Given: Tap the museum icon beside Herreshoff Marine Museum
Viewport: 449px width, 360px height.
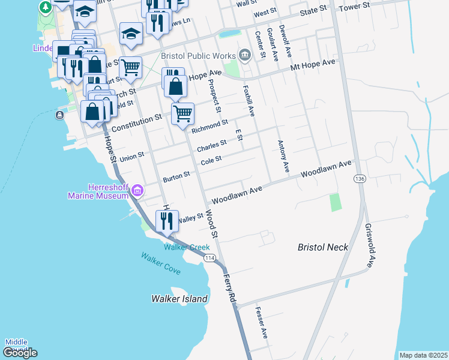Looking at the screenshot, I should [137, 191].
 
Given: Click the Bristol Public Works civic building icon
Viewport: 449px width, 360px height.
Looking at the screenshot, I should [244, 56].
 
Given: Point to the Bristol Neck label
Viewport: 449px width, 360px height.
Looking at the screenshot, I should [324, 247].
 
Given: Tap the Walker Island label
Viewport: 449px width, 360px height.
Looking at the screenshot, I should [179, 299].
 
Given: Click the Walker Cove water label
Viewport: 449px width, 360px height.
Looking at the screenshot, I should [161, 263].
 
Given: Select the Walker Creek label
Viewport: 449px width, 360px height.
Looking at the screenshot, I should [187, 247].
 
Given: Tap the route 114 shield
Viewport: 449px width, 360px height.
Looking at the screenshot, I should [209, 258].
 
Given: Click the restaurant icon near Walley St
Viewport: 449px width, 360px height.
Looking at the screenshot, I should [167, 221].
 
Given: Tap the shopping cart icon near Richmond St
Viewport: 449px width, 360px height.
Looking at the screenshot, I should [182, 113].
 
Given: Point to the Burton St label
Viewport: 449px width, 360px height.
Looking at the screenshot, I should [176, 178].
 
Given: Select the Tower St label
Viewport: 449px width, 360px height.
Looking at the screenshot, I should [353, 7].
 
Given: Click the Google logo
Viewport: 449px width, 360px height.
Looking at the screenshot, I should [20, 353].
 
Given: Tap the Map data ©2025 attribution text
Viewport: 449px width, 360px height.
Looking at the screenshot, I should [423, 355].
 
